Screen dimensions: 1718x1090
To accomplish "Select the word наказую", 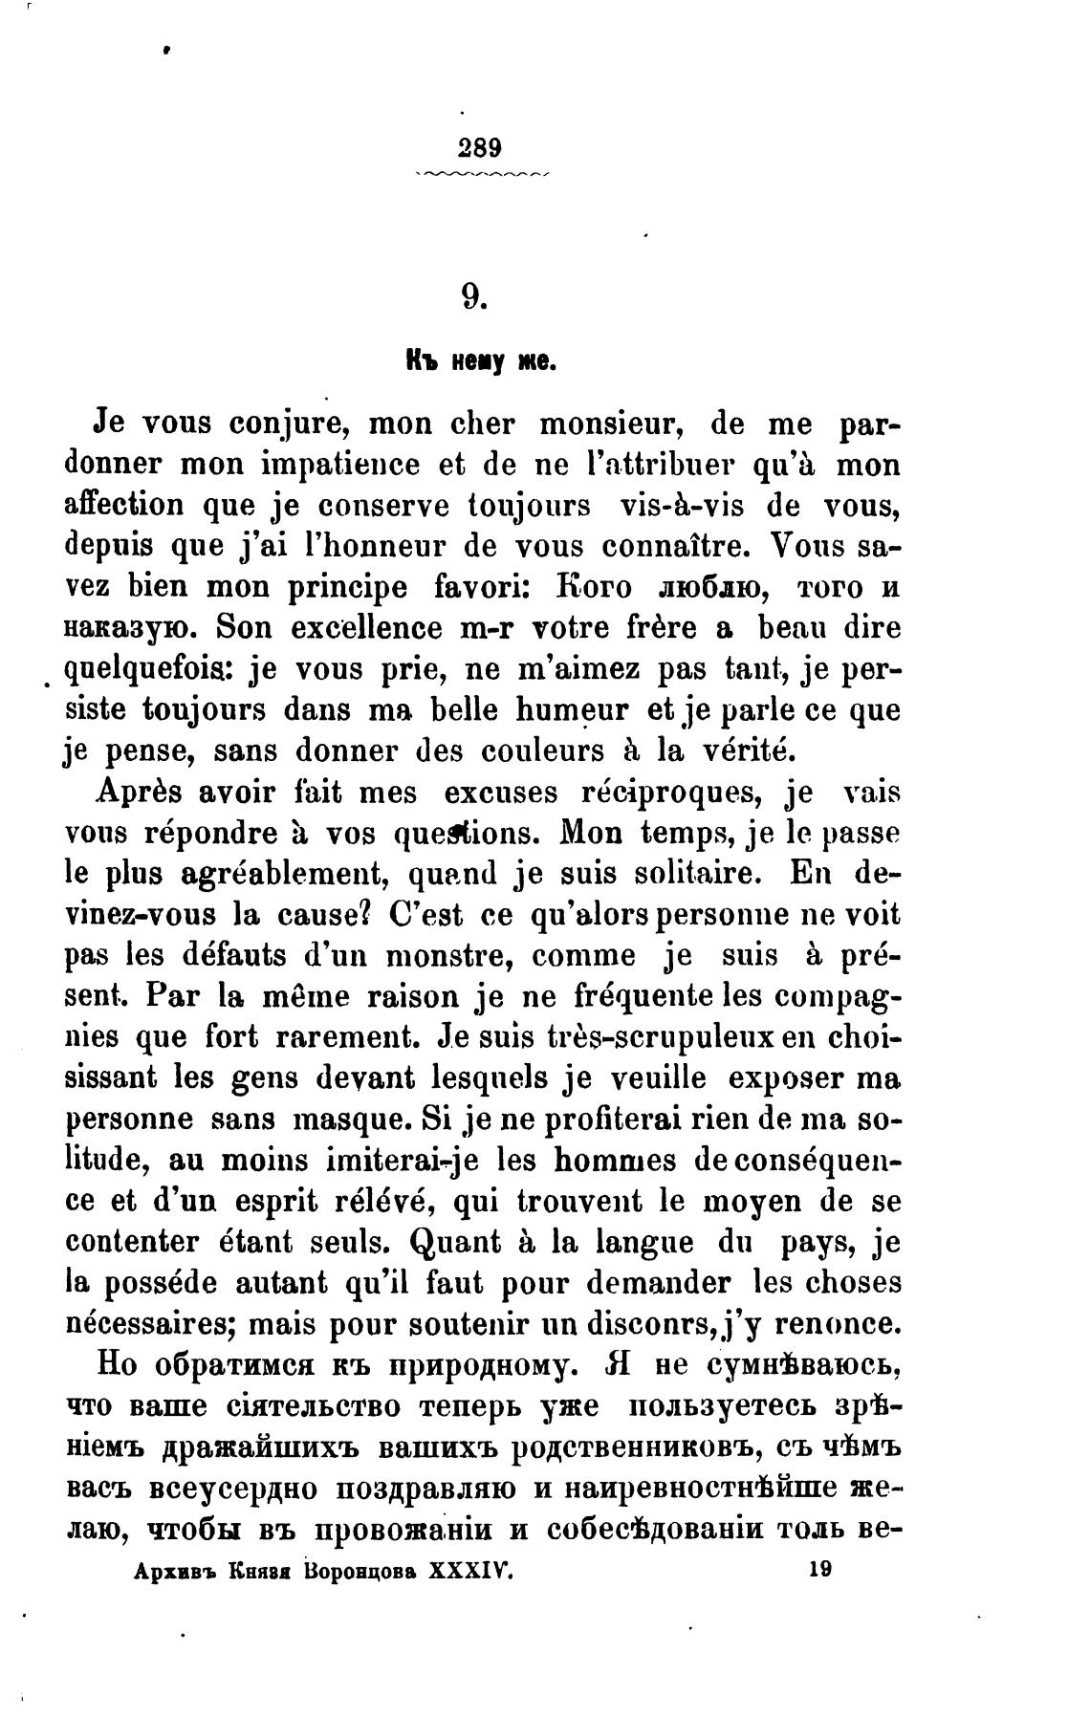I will pyautogui.click(x=130, y=629).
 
